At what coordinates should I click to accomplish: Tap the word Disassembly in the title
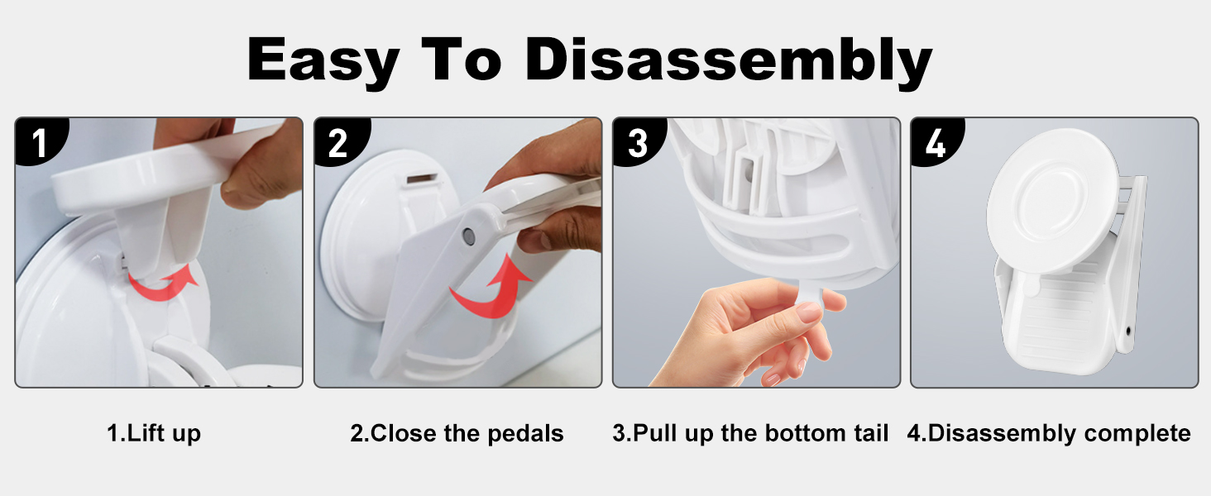pos(729,60)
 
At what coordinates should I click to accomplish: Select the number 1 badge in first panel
pos(40,141)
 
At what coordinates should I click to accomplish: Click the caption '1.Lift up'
pos(154,434)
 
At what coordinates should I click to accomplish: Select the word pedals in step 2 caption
pos(525,433)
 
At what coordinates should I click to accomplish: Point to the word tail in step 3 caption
pos(871,433)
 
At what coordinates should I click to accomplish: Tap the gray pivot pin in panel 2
pos(468,236)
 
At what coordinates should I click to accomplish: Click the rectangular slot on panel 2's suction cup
pos(422,179)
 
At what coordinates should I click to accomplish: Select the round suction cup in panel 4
pos(1051,201)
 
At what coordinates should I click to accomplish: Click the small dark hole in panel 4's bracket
pos(1128,330)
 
